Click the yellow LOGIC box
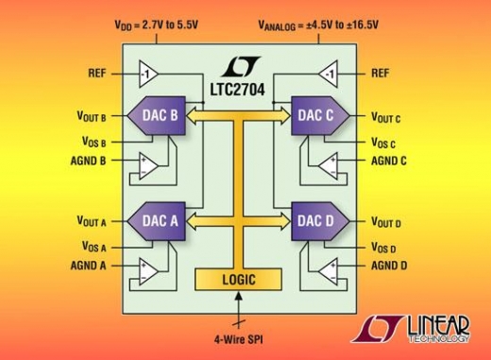pyautogui.click(x=238, y=280)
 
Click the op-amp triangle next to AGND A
pyautogui.click(x=149, y=268)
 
